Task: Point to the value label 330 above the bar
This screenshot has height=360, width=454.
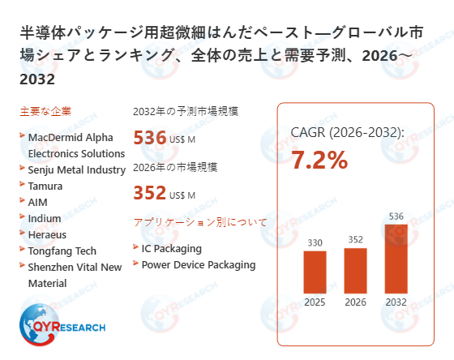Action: [x=315, y=242]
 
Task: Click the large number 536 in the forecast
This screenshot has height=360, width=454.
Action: [x=149, y=137]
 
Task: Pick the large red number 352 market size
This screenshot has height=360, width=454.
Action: [x=149, y=194]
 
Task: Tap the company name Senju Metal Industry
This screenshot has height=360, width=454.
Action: [x=77, y=169]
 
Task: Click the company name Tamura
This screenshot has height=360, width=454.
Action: [x=46, y=186]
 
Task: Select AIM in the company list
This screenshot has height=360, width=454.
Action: [x=39, y=202]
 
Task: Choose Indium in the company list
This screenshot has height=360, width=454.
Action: [x=45, y=218]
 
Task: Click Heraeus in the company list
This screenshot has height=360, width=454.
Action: [x=48, y=234]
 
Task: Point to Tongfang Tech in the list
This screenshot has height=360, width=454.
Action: [x=62, y=251]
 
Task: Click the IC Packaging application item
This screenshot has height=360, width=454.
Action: [x=171, y=248]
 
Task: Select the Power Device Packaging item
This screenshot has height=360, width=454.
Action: [x=199, y=264]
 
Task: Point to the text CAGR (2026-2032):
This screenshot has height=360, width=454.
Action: [x=347, y=132]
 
